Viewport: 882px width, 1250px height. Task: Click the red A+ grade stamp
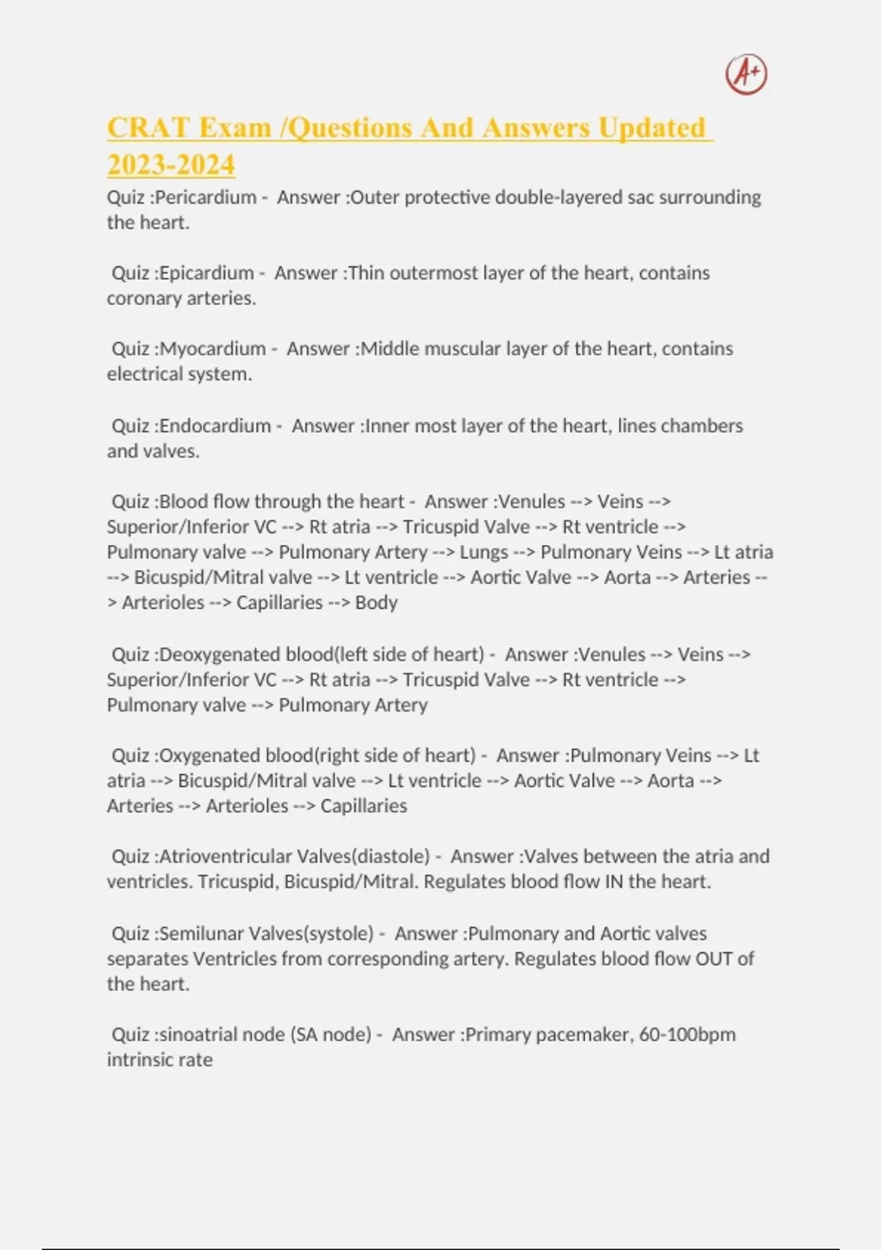[746, 74]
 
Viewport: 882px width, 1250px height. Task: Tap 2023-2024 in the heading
[171, 165]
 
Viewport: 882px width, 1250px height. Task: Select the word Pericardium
[205, 198]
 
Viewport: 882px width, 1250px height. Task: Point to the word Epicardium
[207, 274]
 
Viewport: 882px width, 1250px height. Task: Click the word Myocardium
[212, 349]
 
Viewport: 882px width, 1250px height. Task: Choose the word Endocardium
[215, 426]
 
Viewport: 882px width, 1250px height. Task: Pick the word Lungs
[484, 552]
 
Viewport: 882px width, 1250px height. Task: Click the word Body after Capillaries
[376, 603]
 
